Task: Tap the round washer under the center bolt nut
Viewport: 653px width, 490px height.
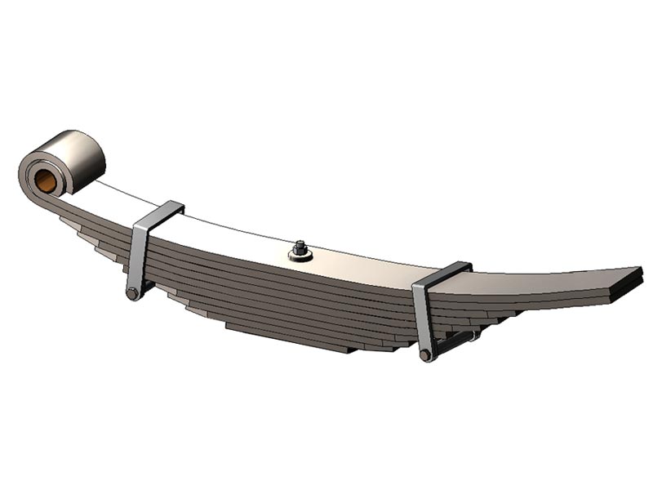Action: (x=300, y=256)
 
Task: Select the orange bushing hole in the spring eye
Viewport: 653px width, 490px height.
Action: (x=46, y=178)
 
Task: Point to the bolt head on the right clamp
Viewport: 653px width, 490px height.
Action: (x=425, y=355)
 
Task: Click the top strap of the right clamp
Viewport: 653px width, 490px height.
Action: (x=445, y=273)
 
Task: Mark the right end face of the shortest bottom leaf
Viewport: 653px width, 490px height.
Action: (x=351, y=350)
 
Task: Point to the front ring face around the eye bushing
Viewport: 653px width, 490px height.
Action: (x=33, y=175)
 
